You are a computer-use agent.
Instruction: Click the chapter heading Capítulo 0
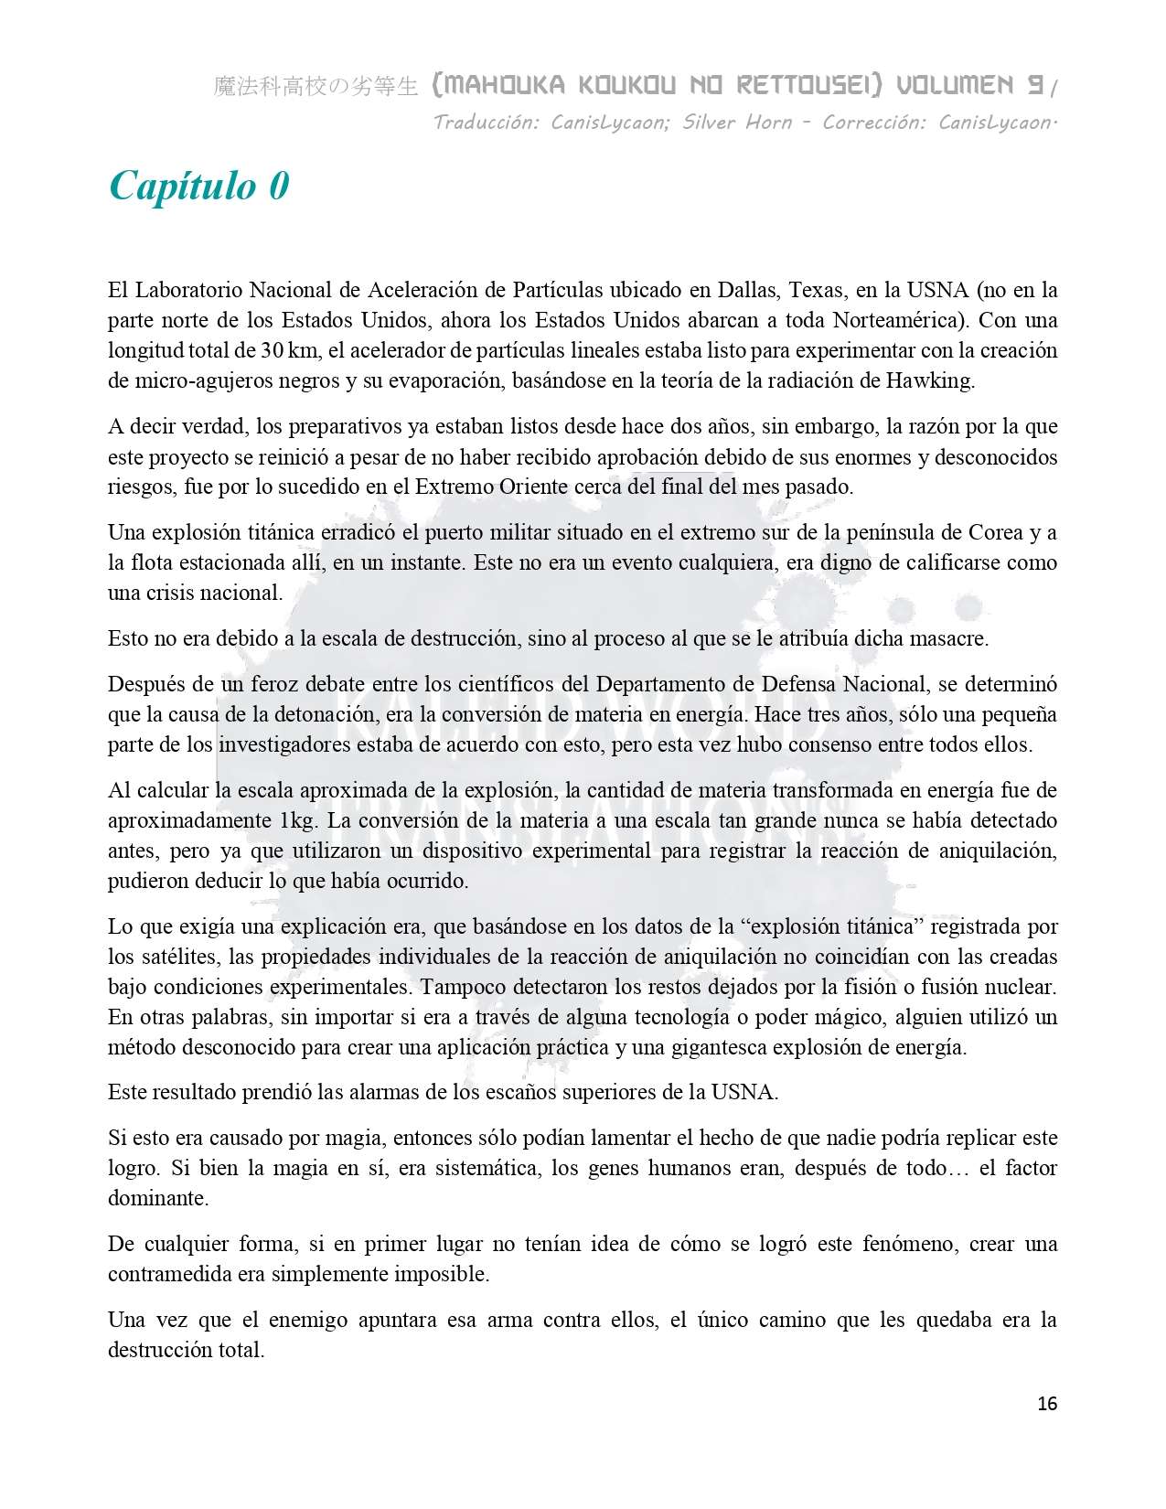[x=199, y=186]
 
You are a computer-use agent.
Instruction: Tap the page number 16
[x=1047, y=1404]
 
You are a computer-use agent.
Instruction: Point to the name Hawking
[x=929, y=380]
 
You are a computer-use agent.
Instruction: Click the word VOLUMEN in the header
[x=955, y=86]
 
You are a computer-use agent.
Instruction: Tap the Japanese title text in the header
[x=316, y=87]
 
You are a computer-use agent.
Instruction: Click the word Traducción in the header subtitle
[x=486, y=123]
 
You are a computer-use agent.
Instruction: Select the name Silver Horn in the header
[x=737, y=123]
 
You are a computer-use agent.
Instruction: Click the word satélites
[x=179, y=957]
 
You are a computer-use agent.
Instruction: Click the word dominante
[x=157, y=1198]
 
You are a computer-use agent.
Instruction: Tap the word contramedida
[x=170, y=1274]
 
